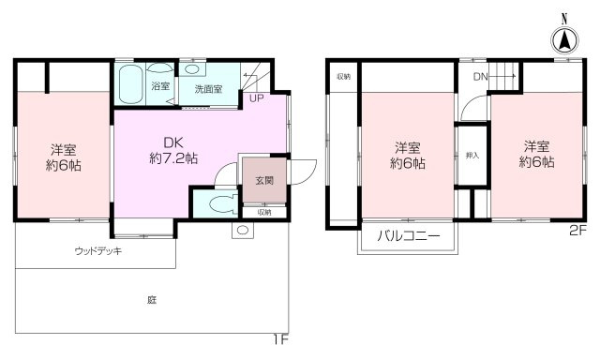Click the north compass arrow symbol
(564, 39)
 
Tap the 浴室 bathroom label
(160, 88)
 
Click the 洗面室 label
(208, 90)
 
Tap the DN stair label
(480, 77)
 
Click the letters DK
(172, 142)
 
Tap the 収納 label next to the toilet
(263, 212)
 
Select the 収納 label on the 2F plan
(343, 77)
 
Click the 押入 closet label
(472, 155)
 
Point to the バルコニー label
(408, 235)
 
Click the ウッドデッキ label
(97, 252)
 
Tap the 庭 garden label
(150, 300)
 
